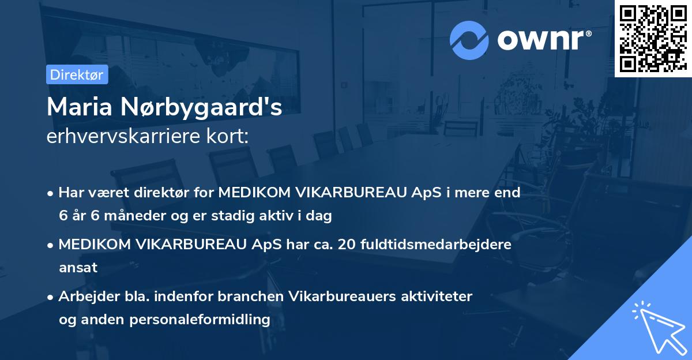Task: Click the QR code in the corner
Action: [x=653, y=38]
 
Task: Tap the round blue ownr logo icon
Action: [x=469, y=40]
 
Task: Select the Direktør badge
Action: [x=77, y=74]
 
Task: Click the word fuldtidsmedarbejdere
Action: [x=436, y=245]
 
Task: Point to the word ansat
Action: [x=78, y=268]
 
